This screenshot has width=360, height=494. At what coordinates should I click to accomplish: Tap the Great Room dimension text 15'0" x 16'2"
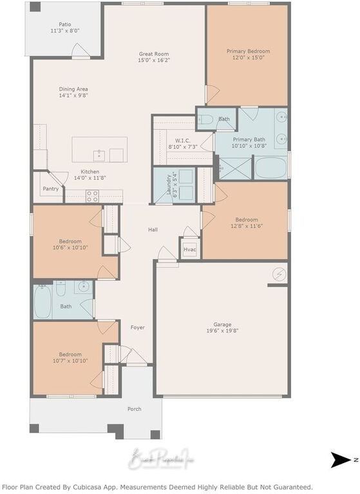tap(154, 61)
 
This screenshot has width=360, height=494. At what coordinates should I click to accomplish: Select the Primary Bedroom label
tap(248, 51)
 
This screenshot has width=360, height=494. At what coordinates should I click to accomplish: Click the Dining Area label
tap(73, 89)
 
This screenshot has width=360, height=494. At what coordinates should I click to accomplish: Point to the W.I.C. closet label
tap(182, 140)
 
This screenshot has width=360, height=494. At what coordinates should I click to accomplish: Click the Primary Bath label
tap(249, 139)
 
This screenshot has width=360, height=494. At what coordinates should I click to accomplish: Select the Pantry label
tap(50, 189)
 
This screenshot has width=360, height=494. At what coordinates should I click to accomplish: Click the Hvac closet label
tap(189, 249)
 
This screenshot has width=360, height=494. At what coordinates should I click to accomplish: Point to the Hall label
tap(153, 229)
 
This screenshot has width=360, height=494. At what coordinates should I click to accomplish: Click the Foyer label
tap(137, 327)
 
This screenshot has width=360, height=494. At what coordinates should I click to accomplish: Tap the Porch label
tap(134, 408)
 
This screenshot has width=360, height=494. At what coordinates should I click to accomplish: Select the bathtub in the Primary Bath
tap(270, 167)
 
